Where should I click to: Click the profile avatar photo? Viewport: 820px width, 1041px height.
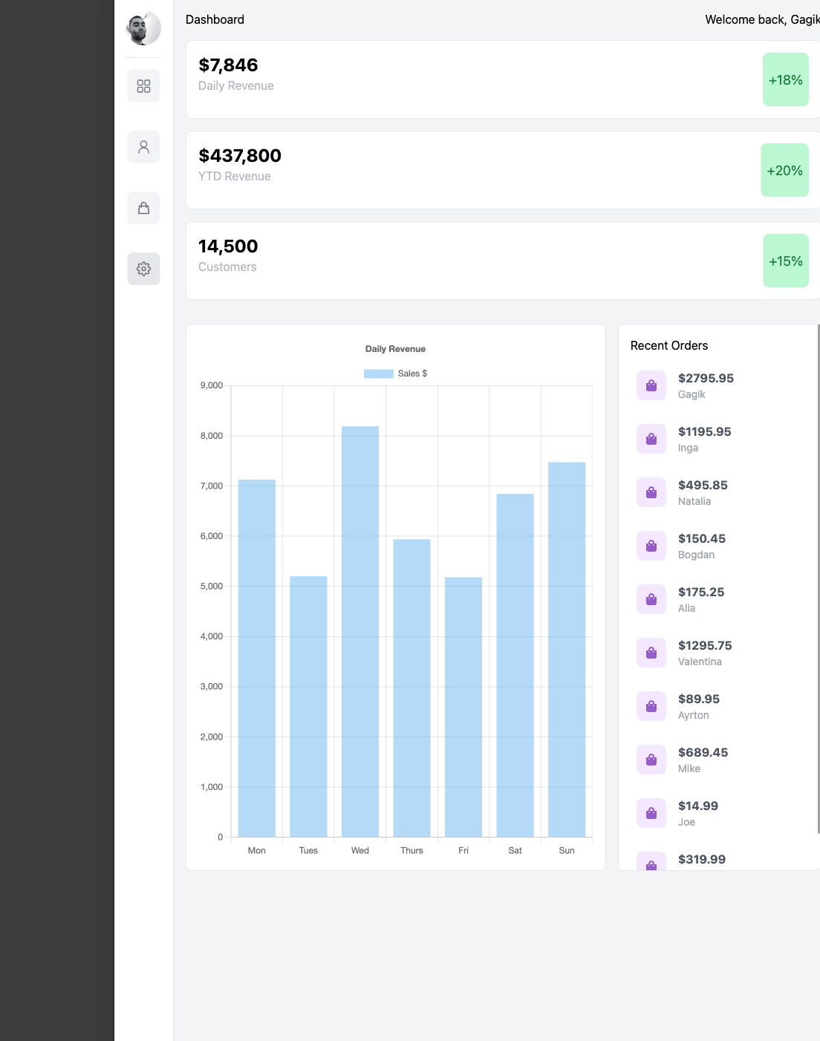click(143, 28)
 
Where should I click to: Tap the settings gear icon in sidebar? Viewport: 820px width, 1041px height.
click(143, 269)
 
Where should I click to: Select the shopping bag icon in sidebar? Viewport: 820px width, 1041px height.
click(143, 208)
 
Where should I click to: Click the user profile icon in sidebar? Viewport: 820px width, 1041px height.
click(143, 147)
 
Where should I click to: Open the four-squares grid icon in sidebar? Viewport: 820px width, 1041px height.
click(143, 86)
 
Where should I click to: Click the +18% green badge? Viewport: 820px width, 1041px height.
click(785, 80)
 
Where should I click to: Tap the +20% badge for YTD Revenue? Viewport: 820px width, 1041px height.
click(784, 171)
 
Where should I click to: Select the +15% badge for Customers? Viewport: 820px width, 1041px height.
click(785, 261)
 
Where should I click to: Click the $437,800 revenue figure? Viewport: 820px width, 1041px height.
click(240, 156)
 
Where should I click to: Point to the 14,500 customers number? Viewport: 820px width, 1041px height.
click(228, 247)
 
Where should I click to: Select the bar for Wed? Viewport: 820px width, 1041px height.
click(360, 631)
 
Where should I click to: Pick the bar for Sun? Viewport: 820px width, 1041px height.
click(567, 650)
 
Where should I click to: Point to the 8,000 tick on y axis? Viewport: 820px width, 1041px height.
click(212, 436)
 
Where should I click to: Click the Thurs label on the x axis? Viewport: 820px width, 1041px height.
click(411, 851)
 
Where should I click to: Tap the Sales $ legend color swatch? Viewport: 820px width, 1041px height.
click(378, 373)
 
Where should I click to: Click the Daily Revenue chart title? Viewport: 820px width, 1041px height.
click(395, 349)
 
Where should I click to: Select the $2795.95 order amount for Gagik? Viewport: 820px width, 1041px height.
click(706, 379)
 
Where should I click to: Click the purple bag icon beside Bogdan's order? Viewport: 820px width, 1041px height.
click(651, 546)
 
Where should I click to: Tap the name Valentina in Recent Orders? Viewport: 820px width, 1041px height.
click(700, 662)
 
